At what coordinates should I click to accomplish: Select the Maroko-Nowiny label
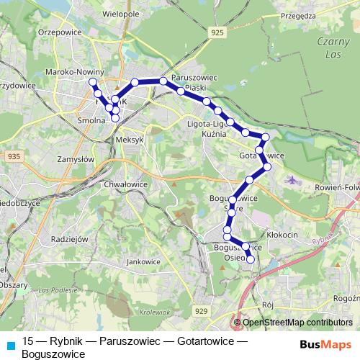coord(75,72)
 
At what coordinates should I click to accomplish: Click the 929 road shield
coord(202,310)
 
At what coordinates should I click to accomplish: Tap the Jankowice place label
coord(142,261)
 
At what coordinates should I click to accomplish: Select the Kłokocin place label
coord(283,235)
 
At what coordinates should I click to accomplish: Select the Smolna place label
coord(92,122)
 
